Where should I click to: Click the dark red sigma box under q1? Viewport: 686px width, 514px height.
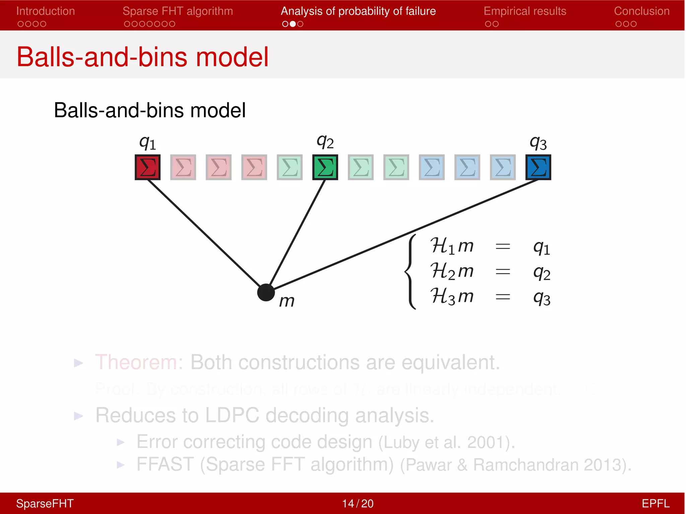(x=147, y=167)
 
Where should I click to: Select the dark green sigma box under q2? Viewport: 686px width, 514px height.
(x=325, y=167)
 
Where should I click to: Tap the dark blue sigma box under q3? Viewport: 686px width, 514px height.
(x=538, y=167)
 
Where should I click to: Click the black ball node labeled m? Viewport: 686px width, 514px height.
(x=266, y=292)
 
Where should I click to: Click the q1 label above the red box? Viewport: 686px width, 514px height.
(x=147, y=143)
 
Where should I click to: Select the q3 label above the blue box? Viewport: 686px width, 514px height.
(x=538, y=143)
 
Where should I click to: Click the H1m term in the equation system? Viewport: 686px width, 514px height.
(x=452, y=246)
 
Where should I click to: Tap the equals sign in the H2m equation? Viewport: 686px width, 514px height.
(x=502, y=271)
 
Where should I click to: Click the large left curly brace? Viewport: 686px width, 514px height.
(x=411, y=271)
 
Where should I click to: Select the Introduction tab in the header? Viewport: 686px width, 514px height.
(x=46, y=11)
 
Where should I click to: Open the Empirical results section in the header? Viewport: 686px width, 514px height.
(x=525, y=11)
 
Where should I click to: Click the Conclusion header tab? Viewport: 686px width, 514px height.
(x=641, y=11)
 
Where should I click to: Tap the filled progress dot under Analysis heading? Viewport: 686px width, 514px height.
(x=293, y=24)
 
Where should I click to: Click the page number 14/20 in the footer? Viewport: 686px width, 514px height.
(x=357, y=503)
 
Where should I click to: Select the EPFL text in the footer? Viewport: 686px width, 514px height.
(x=655, y=503)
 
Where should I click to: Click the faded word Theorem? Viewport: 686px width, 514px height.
(x=139, y=362)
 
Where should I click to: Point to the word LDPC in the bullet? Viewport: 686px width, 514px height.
(x=232, y=415)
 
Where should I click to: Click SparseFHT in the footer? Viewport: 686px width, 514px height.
(x=45, y=503)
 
